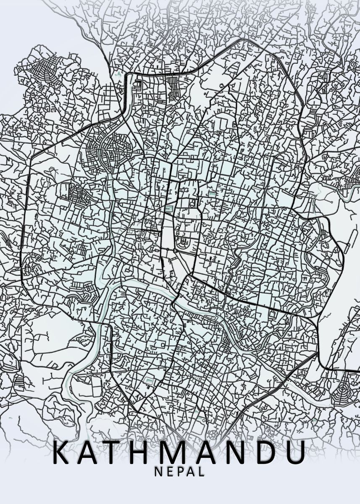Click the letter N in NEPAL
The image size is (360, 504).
(x=158, y=472)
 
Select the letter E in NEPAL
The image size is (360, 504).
(x=169, y=472)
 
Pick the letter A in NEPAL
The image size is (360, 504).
(x=190, y=472)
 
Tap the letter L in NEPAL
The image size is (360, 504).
(x=202, y=472)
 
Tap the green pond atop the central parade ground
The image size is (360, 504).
(x=169, y=209)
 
